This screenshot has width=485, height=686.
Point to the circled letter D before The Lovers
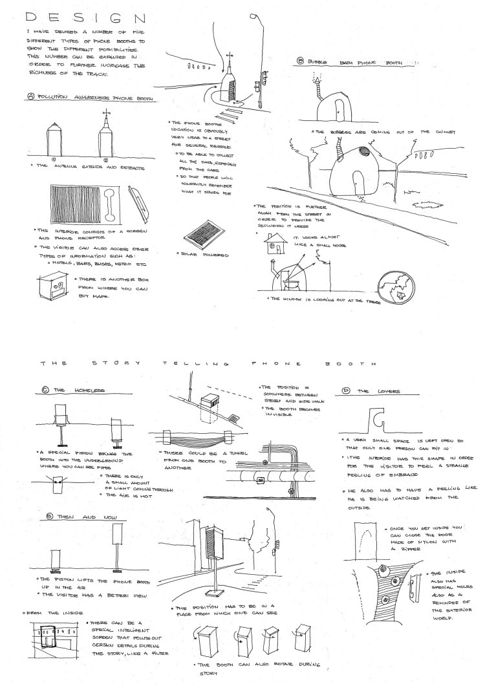345,391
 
